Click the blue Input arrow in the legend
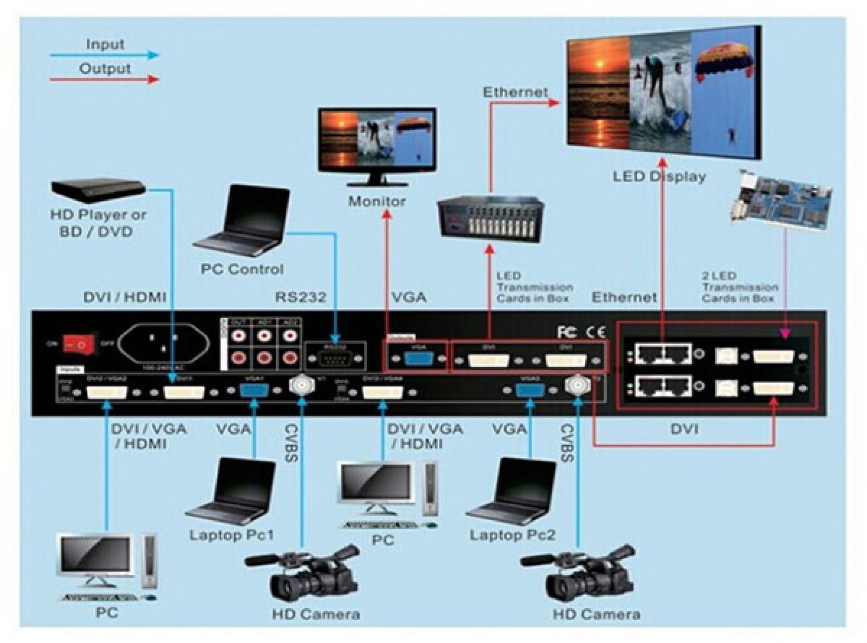104,55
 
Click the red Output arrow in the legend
104,79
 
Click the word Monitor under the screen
377,201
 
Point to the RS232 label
300,297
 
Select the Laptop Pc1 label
231,535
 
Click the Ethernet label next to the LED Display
515,92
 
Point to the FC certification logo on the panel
567,332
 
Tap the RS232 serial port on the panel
335,359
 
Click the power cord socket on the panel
164,344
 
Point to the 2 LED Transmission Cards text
740,287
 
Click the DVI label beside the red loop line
684,429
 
